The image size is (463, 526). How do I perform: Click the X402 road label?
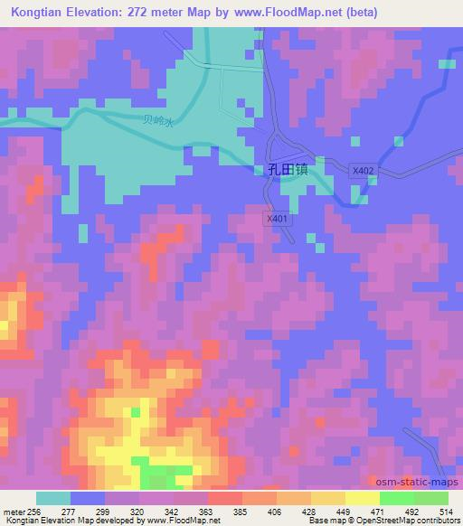click(x=363, y=170)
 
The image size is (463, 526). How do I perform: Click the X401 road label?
click(x=277, y=218)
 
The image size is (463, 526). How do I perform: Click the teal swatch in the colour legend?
click(x=52, y=498)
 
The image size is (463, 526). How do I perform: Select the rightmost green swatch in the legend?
click(x=431, y=498)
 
